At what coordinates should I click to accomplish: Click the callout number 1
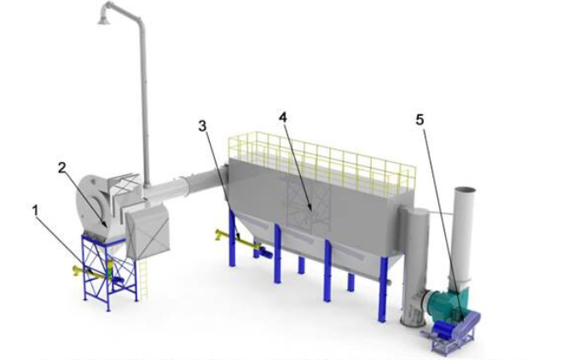pos(35,211)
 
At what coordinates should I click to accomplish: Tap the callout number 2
pos(62,168)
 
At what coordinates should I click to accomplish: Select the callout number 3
pos(202,126)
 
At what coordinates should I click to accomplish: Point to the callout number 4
pos(283,117)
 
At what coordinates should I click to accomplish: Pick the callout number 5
pos(419,119)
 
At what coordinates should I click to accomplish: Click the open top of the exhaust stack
pos(465,190)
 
